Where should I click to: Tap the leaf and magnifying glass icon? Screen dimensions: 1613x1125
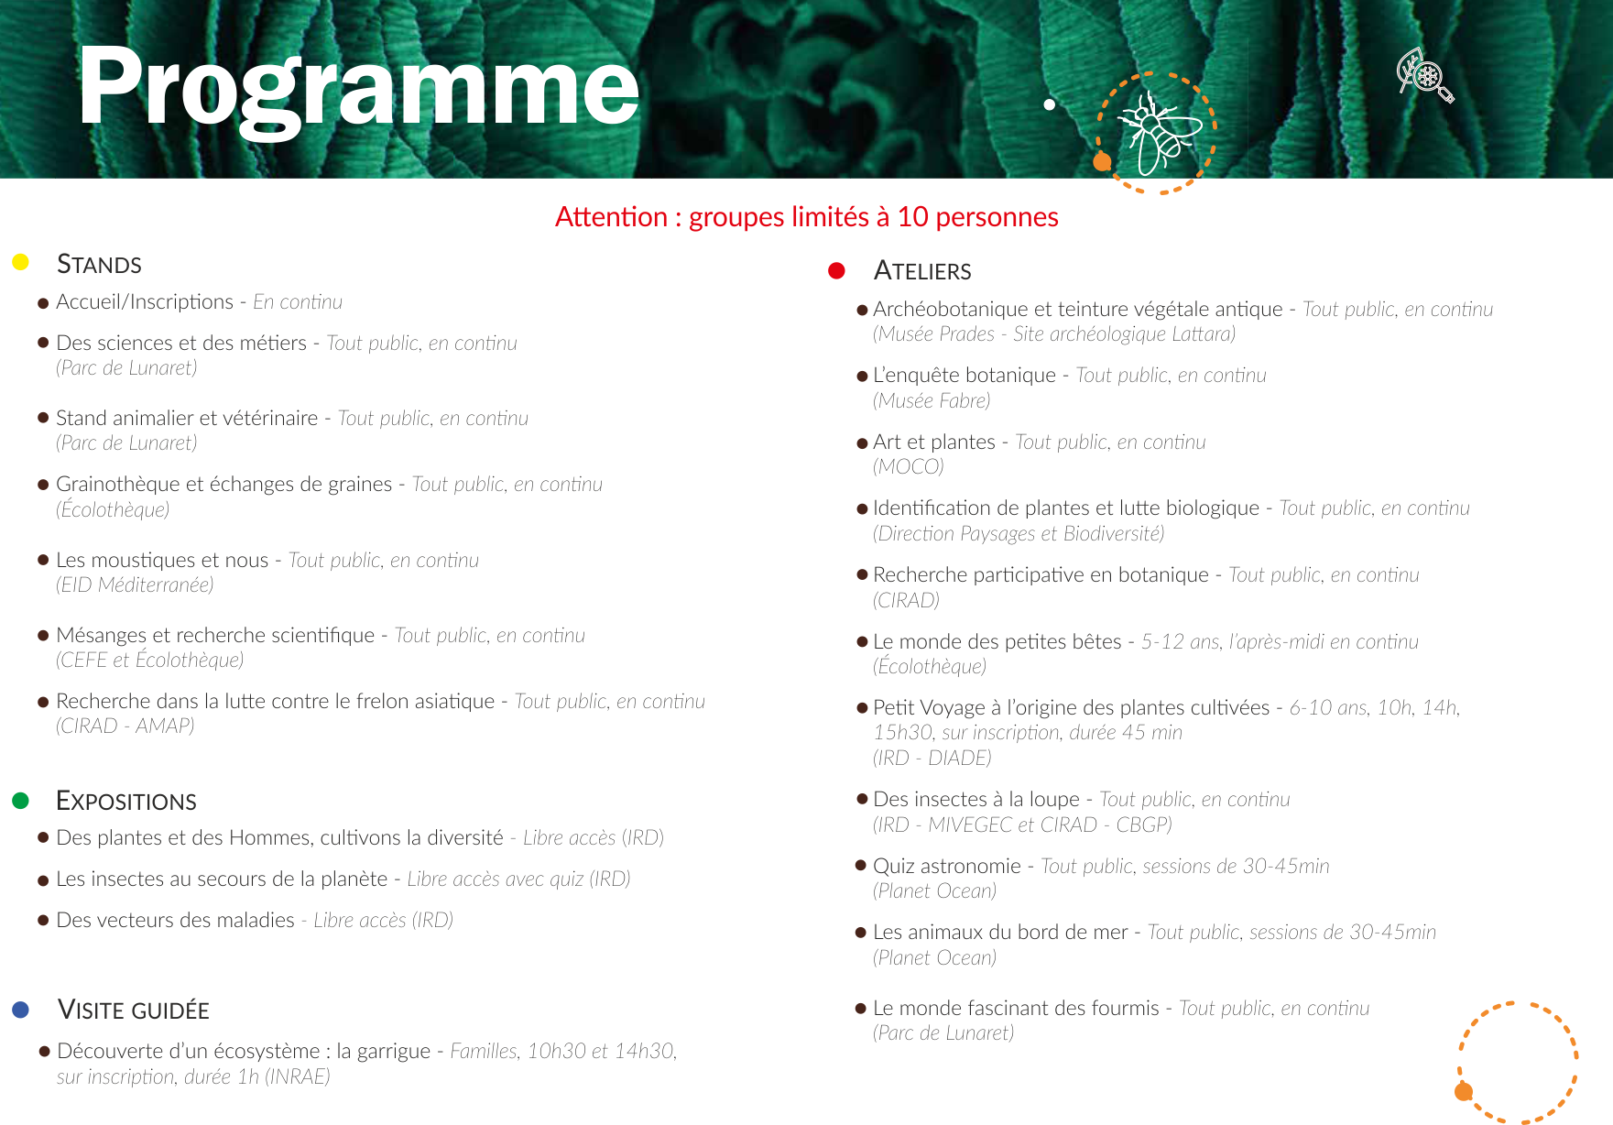1425,74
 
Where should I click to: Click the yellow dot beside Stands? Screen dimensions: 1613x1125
20,263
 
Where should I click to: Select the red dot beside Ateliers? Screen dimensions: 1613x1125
836,270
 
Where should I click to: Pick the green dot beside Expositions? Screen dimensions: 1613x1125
20,801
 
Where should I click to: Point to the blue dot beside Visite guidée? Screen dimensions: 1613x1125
20,1010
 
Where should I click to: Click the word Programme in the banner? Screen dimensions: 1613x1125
358,89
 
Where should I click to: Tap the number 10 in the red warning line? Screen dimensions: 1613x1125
912,217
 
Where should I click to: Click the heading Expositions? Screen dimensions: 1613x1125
126,801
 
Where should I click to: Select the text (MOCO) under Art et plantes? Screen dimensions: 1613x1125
908,467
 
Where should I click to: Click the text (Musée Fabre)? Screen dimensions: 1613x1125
932,400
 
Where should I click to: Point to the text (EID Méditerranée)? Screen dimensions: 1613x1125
135,584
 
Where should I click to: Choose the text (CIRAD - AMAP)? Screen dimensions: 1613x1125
125,726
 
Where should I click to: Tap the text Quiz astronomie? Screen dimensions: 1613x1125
947,867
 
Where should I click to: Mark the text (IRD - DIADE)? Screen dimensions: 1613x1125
932,758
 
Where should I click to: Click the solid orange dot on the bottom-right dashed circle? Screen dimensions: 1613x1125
1464,1091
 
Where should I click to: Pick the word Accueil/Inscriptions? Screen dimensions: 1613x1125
145,302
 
